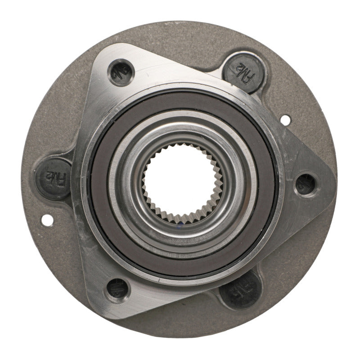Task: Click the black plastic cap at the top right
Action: pyautogui.click(x=243, y=67)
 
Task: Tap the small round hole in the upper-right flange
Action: pyautogui.click(x=285, y=120)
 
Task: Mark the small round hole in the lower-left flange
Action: pyautogui.click(x=46, y=220)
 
